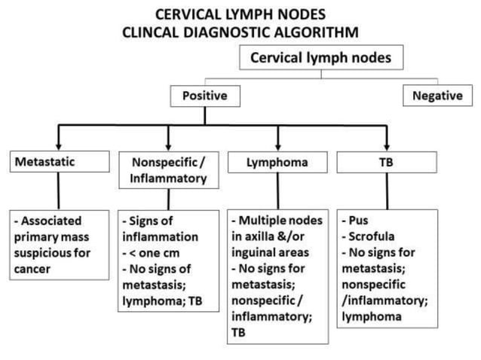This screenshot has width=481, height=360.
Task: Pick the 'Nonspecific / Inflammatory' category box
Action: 168,170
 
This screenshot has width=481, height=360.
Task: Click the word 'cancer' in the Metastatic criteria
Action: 32,269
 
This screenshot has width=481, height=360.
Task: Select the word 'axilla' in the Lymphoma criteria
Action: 263,237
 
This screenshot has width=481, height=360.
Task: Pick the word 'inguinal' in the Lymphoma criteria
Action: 255,253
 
